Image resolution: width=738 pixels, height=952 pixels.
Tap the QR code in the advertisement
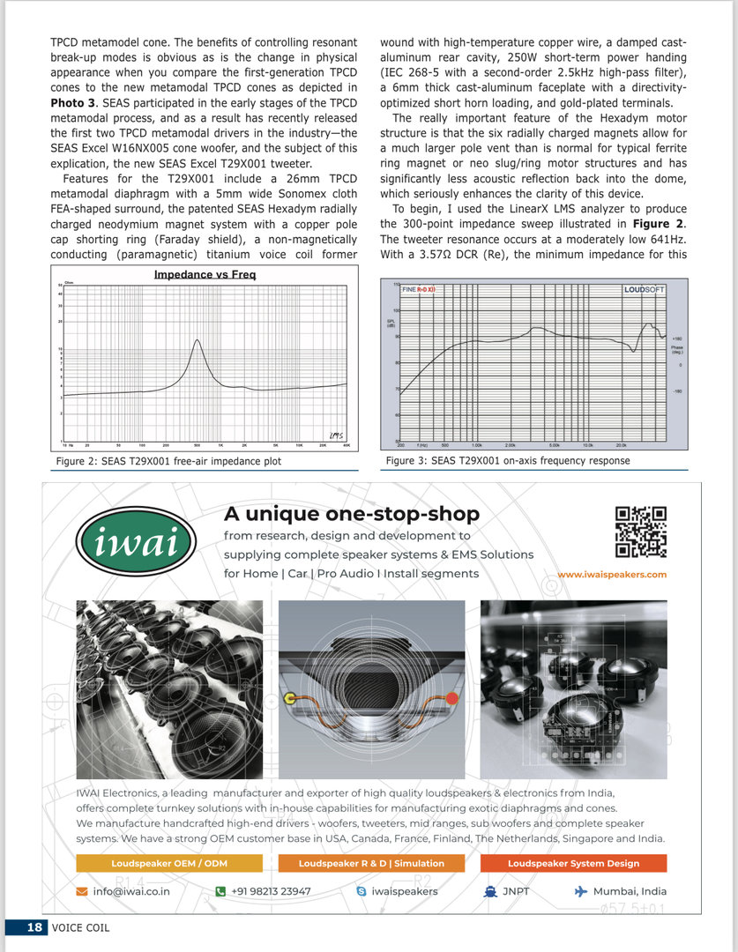pos(640,532)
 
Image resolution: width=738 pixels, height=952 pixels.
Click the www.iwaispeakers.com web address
pos(612,574)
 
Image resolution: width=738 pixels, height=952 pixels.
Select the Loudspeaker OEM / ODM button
pos(169,863)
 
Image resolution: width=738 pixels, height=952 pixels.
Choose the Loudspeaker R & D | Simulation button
pos(371,863)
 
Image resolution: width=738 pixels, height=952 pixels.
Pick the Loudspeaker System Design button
pos(573,863)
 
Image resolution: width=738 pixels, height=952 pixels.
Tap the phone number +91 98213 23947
pos(271,891)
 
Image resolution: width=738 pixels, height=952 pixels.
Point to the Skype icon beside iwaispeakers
pos(362,891)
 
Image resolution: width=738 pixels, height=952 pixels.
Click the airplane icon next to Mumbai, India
pos(580,891)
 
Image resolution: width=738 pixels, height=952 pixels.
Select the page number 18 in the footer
pos(34,926)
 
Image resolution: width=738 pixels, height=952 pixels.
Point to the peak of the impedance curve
pos(198,340)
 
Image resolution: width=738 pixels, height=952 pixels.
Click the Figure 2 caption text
pos(168,461)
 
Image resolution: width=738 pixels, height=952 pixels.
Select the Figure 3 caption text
pos(508,460)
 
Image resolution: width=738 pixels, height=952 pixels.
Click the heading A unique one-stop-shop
pos(352,513)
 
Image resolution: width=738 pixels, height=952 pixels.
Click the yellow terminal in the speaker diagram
pos(289,699)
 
